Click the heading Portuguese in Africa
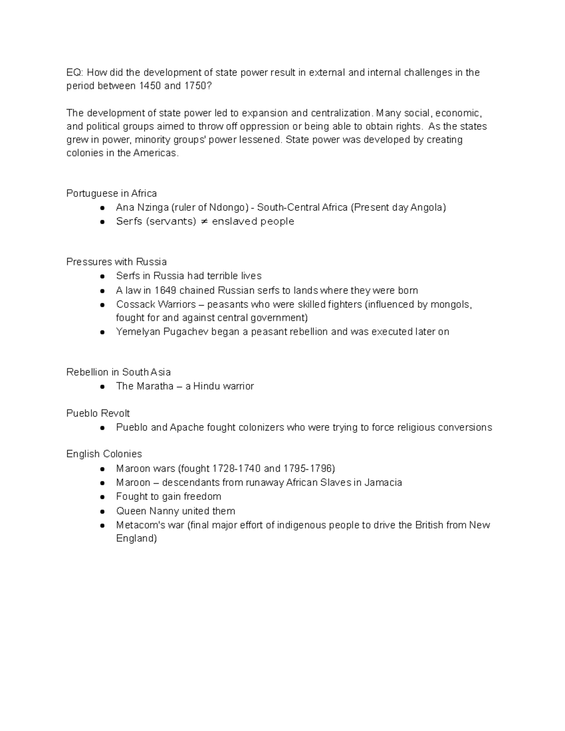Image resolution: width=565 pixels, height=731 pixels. click(x=112, y=193)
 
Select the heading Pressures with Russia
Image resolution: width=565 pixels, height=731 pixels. click(x=116, y=262)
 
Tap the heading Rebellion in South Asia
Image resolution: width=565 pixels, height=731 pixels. click(x=118, y=372)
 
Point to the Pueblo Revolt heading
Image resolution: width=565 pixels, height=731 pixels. click(x=98, y=413)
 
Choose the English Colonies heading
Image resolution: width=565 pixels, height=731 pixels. click(x=104, y=454)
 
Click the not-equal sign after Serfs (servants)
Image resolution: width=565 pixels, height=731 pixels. click(x=204, y=222)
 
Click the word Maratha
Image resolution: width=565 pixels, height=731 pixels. click(x=155, y=386)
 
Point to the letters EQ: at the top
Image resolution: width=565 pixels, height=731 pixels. click(x=74, y=72)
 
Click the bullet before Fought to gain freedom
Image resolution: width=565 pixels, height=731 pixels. click(x=102, y=497)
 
